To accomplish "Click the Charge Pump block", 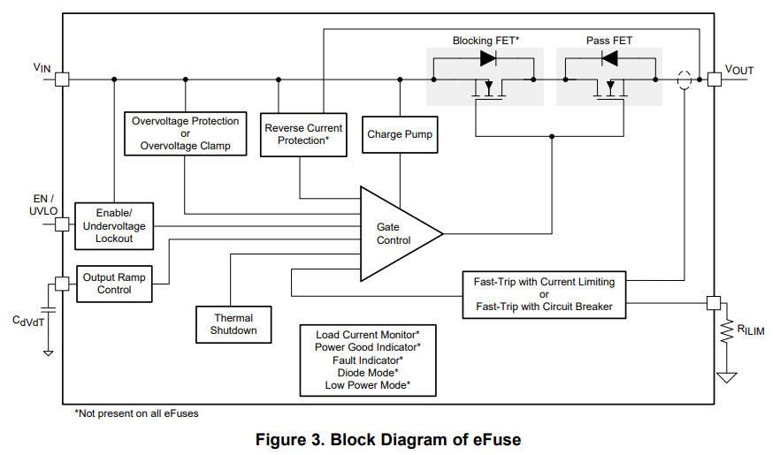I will [400, 134].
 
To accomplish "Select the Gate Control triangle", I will [394, 234].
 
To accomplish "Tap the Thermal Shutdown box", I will [233, 324].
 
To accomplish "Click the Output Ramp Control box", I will [114, 284].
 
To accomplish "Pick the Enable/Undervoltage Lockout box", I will [114, 224].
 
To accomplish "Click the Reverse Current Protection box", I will [303, 134].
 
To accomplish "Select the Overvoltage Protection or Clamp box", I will [185, 133].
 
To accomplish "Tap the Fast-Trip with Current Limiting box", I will [544, 294].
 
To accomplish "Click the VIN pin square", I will [62, 80].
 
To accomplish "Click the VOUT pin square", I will [714, 80].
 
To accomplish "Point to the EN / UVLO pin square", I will [62, 224].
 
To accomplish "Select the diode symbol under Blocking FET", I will [487, 58].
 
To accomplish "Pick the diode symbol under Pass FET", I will [609, 58].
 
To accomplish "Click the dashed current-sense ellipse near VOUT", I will [684, 80].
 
